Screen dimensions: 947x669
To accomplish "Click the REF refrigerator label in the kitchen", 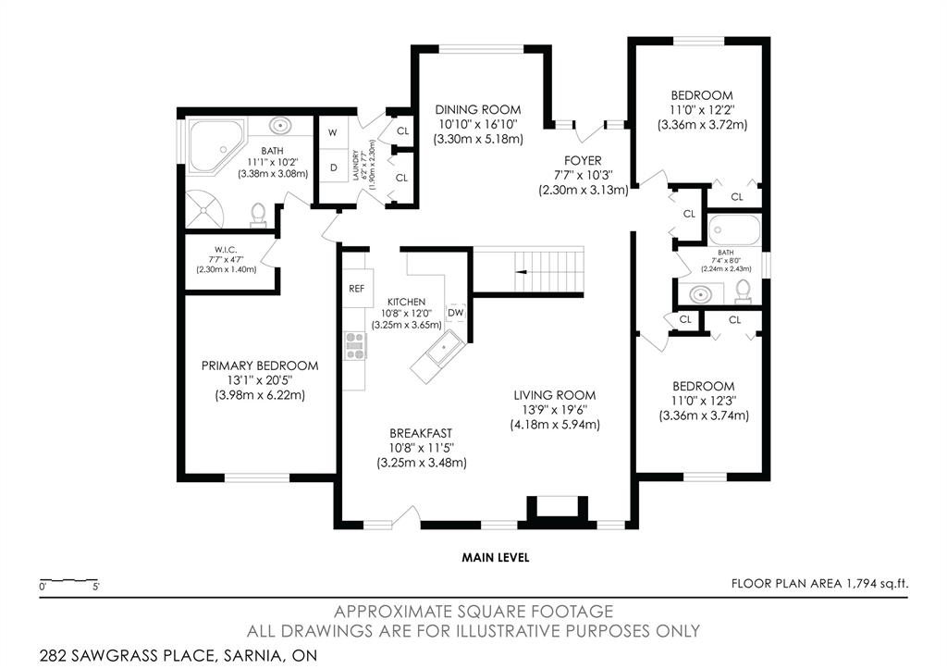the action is [356, 289].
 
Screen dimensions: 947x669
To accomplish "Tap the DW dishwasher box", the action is [455, 313].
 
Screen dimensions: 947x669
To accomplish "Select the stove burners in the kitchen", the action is [355, 346].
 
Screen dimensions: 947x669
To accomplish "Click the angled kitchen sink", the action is [439, 356].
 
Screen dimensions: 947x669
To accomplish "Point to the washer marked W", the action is [333, 132].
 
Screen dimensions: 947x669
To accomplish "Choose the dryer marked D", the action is [333, 167].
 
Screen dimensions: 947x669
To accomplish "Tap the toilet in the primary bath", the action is [259, 216].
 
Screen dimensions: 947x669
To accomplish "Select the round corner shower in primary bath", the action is [204, 209].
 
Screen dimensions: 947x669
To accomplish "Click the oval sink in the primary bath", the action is [279, 127].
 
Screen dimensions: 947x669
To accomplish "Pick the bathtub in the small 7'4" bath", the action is [733, 229].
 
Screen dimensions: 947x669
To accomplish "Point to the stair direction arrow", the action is [523, 272].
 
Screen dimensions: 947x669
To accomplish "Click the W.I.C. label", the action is [226, 250].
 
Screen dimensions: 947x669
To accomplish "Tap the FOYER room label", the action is [583, 161].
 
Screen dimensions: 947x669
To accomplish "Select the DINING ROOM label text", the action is [478, 110].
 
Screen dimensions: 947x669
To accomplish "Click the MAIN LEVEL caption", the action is [496, 557].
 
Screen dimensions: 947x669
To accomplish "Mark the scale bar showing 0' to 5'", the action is [69, 581].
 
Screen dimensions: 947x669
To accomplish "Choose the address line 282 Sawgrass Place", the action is [178, 655].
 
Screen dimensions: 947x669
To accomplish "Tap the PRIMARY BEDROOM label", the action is [260, 365].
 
